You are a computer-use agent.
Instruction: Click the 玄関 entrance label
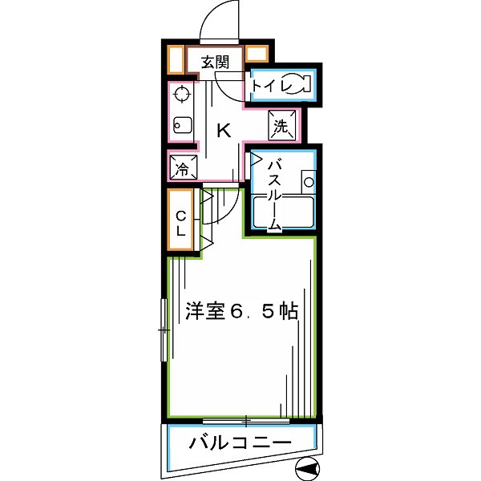tap(213, 62)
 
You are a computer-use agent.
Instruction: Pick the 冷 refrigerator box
tap(182, 169)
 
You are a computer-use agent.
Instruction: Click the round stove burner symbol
tap(181, 96)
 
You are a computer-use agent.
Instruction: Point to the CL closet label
tap(181, 222)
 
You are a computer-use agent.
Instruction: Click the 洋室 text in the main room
tap(204, 311)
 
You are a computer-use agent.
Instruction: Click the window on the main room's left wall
tap(165, 329)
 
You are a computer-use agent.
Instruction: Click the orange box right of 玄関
tap(257, 56)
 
